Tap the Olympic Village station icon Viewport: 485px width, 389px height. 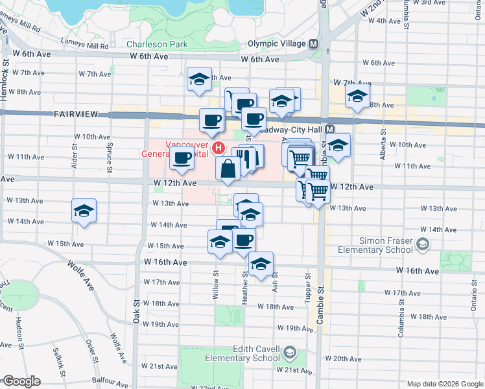click(x=314, y=44)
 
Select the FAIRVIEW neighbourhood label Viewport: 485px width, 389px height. click(x=76, y=114)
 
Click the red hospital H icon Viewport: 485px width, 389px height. click(x=219, y=149)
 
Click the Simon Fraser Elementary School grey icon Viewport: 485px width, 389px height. click(x=423, y=244)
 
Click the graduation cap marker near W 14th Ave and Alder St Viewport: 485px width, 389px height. click(x=84, y=211)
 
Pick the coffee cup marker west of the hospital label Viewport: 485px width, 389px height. click(x=182, y=158)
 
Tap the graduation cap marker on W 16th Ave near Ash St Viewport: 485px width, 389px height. click(x=261, y=265)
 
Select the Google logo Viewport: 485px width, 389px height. click(x=21, y=381)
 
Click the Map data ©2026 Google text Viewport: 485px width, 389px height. click(x=444, y=384)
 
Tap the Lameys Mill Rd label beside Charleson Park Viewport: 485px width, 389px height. click(x=86, y=46)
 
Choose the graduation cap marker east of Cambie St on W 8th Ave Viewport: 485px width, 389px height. click(x=356, y=97)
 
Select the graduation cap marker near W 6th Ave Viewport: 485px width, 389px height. click(x=198, y=80)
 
